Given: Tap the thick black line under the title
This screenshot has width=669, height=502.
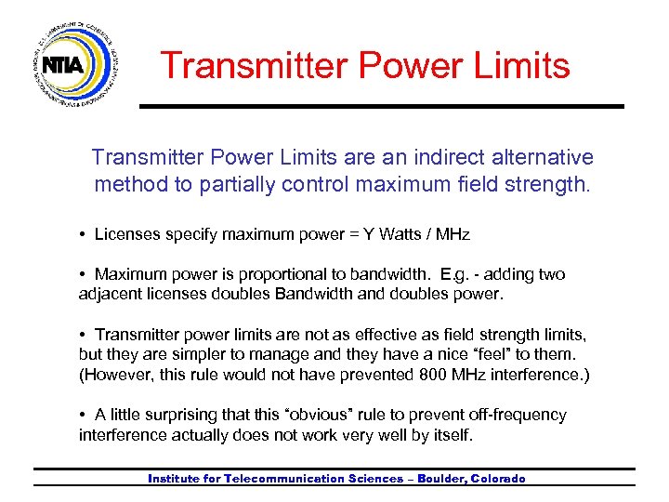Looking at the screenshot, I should coord(381,107).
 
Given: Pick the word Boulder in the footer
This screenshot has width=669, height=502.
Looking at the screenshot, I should coord(442,479).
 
